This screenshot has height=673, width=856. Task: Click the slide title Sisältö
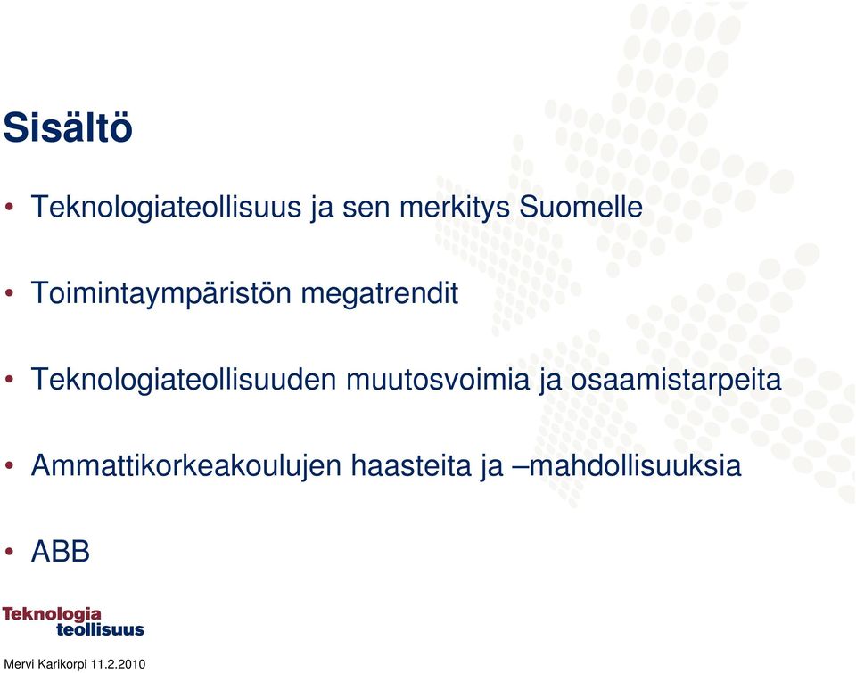(68, 127)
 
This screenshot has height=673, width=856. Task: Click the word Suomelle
(580, 207)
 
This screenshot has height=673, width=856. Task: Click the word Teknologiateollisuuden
(184, 380)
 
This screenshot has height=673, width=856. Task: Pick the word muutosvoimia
(438, 380)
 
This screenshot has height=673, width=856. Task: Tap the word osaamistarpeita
(676, 381)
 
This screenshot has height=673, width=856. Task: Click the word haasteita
(410, 466)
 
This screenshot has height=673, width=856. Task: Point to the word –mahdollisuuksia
(626, 466)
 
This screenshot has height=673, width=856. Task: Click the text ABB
(61, 551)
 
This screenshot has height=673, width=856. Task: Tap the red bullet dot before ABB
(9, 552)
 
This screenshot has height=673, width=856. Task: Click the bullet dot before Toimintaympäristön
(9, 293)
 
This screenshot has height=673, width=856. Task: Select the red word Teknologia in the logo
(52, 615)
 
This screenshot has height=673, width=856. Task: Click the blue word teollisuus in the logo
(100, 630)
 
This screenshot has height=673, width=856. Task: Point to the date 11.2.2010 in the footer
(118, 664)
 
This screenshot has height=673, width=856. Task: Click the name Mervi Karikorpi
(45, 665)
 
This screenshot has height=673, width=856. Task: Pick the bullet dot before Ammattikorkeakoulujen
(9, 465)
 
